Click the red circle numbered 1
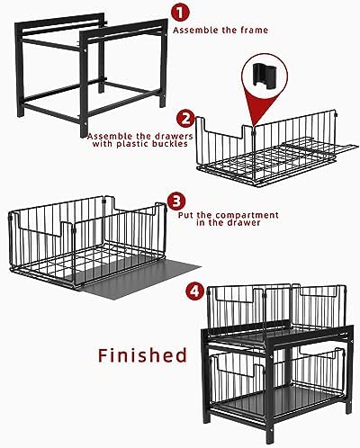pos(180,13)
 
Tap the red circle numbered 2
pos(185,119)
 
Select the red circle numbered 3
pos(176,202)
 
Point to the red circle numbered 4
pos(195,291)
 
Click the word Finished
pos(142,355)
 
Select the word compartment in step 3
pos(247,215)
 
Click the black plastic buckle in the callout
pos(264,75)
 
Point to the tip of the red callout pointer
pos(254,126)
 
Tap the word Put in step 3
pos(186,215)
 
